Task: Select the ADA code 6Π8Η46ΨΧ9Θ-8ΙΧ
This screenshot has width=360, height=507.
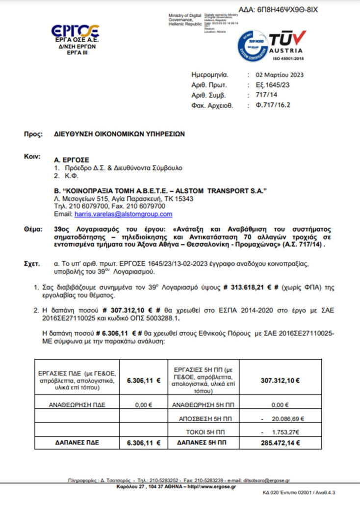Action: [x=278, y=9]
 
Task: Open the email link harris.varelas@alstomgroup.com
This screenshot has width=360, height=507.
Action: [x=123, y=214]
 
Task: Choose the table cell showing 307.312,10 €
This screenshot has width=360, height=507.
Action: [x=281, y=380]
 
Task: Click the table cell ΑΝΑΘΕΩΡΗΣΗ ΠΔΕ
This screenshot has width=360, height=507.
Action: [x=77, y=405]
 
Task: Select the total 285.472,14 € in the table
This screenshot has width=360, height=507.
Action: [x=281, y=443]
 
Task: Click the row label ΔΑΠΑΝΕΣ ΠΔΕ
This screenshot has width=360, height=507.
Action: [x=77, y=443]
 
